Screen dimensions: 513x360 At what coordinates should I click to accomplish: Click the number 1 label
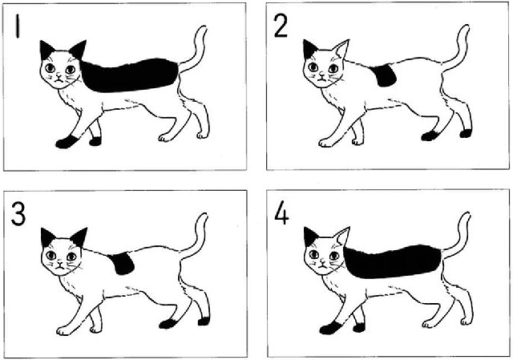point(18,26)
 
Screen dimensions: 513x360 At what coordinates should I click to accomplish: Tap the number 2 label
point(281,26)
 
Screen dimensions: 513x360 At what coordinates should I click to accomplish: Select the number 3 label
point(18,213)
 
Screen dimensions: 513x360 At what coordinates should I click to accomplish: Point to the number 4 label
point(281,213)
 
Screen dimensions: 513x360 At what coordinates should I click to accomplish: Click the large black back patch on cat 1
point(129,75)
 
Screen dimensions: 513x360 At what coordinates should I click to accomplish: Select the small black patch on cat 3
point(122,263)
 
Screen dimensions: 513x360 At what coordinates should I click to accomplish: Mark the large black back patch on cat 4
point(392,262)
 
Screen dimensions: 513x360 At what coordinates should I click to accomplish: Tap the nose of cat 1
point(59,77)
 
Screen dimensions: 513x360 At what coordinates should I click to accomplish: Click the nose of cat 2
point(322,76)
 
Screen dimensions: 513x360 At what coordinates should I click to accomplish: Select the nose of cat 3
point(60,264)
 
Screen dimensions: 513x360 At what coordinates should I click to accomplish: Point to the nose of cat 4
point(323,264)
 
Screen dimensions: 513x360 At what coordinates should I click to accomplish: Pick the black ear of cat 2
point(309,49)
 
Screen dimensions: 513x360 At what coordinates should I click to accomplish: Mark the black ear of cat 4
point(310,237)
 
